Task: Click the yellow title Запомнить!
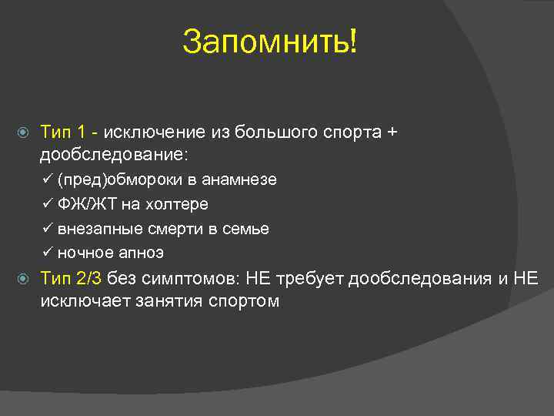(x=270, y=42)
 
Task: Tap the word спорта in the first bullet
(x=347, y=132)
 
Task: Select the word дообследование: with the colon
(x=113, y=155)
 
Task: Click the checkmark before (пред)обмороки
(x=48, y=179)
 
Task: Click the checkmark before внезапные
(x=48, y=229)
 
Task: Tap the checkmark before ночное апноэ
(x=48, y=253)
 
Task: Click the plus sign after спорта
(x=392, y=132)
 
